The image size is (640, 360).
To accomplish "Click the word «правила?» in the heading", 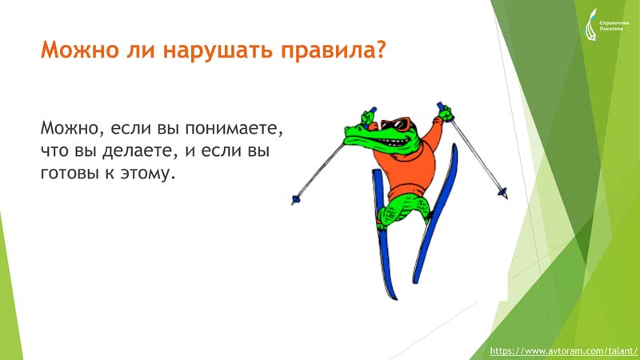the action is (x=333, y=50).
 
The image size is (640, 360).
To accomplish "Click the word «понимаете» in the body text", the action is (x=234, y=128).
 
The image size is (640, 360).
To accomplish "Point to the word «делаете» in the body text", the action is (x=140, y=151).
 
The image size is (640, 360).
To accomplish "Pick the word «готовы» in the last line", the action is (x=70, y=174).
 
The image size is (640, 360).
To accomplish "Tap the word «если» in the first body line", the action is (x=130, y=128).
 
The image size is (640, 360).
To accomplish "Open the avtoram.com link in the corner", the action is (x=563, y=351).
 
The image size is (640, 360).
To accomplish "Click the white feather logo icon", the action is (x=591, y=26).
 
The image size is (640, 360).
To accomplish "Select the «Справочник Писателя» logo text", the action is (x=614, y=26).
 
